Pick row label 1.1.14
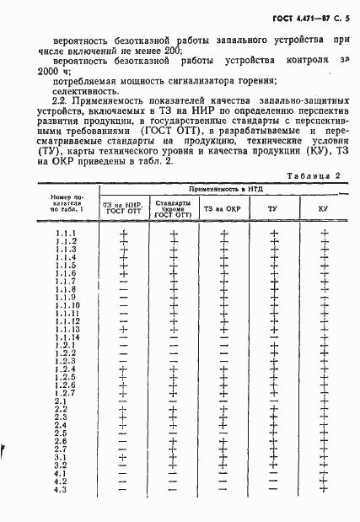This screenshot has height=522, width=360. pyautogui.click(x=67, y=336)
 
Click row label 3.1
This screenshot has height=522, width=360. pyautogui.click(x=61, y=456)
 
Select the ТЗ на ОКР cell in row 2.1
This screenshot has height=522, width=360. pyautogui.click(x=223, y=401)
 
